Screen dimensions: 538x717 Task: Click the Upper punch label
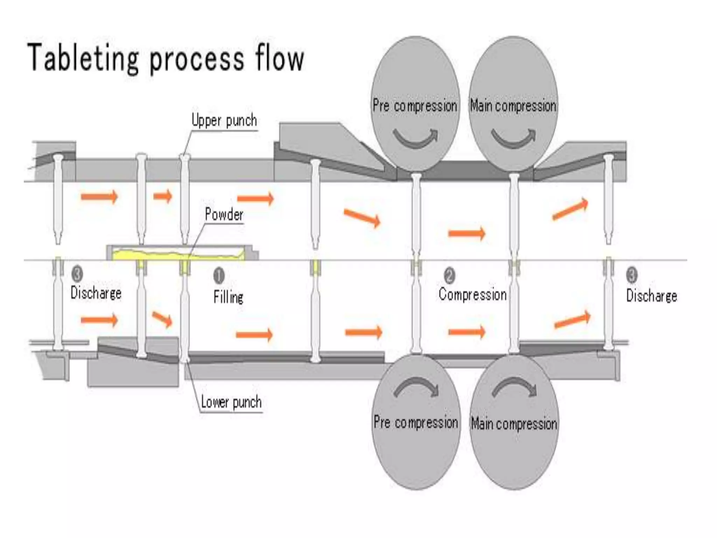pyautogui.click(x=224, y=120)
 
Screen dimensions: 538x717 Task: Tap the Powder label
pyautogui.click(x=224, y=214)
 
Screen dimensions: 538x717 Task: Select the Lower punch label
pyautogui.click(x=231, y=402)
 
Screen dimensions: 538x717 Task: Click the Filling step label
pyautogui.click(x=229, y=297)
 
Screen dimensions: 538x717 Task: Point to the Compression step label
pyautogui.click(x=473, y=294)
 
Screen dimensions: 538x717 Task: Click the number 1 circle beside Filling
pyautogui.click(x=219, y=276)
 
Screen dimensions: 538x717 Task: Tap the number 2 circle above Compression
pyautogui.click(x=450, y=275)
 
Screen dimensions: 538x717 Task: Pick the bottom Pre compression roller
pyautogui.click(x=416, y=452)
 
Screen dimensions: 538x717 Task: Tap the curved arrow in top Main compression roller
pyautogui.click(x=513, y=138)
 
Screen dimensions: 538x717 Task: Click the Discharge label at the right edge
pyautogui.click(x=652, y=296)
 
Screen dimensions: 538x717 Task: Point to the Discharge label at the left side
pyautogui.click(x=96, y=293)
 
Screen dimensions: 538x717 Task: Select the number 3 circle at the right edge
pyautogui.click(x=632, y=275)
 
